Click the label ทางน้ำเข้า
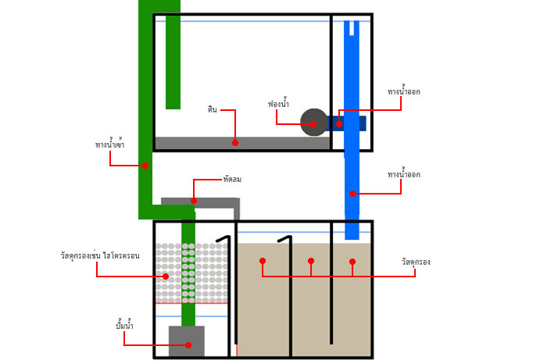(109, 144)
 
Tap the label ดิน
(213, 109)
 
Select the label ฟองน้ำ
(278, 104)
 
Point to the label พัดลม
(232, 180)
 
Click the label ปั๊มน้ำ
(124, 325)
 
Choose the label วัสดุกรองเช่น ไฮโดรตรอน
(100, 255)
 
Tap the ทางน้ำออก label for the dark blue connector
(403, 91)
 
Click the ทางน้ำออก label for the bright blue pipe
(403, 174)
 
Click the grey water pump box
(187, 341)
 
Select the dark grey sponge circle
(314, 123)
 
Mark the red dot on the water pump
(188, 344)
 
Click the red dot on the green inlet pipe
(145, 166)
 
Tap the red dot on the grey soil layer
(235, 143)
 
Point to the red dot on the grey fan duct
(194, 201)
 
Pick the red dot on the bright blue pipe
(352, 194)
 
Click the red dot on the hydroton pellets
(166, 276)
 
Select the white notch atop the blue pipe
(352, 28)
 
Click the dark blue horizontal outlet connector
(347, 123)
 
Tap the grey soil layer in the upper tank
(242, 143)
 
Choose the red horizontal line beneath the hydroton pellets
(191, 303)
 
